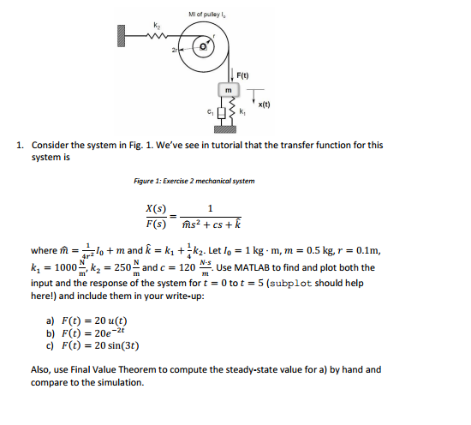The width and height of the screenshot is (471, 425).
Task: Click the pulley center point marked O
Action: [205, 48]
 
